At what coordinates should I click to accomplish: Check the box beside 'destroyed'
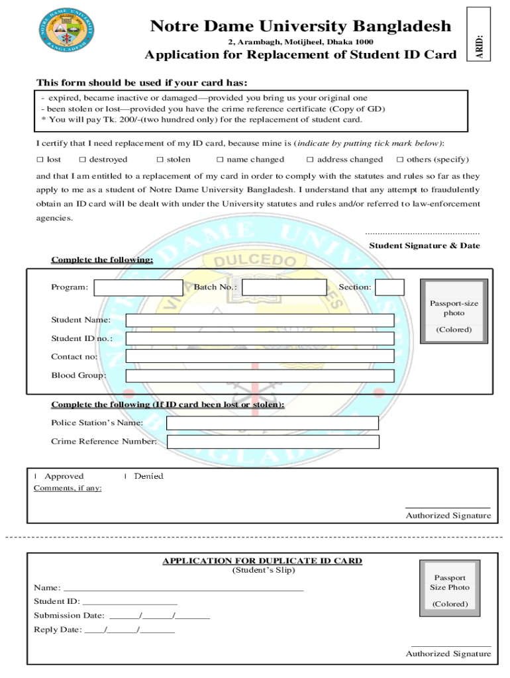[x=82, y=160]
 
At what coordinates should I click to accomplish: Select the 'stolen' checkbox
[x=160, y=160]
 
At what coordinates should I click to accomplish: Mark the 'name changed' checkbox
[x=220, y=160]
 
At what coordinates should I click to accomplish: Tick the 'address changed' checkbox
[x=310, y=160]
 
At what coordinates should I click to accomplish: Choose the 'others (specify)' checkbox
[x=399, y=160]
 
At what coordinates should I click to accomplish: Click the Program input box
[x=138, y=287]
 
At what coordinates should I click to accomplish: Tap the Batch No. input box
[x=284, y=287]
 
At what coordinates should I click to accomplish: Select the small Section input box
[x=389, y=287]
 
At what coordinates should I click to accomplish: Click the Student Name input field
[x=260, y=320]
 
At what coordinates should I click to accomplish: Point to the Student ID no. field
[x=260, y=338]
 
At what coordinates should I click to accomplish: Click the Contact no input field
[x=260, y=356]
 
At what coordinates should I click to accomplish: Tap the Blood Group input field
[x=260, y=375]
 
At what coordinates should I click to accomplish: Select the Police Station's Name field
[x=272, y=423]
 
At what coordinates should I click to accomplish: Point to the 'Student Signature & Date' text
[x=424, y=246]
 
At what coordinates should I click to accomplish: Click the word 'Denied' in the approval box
[x=148, y=476]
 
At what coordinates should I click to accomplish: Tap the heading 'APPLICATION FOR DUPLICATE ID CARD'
[x=262, y=561]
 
